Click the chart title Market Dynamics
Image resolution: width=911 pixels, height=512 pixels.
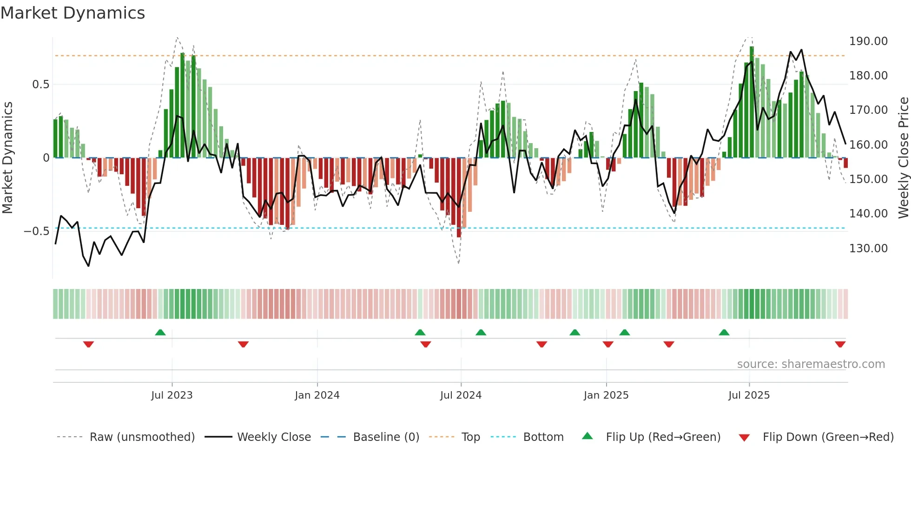coord(73,13)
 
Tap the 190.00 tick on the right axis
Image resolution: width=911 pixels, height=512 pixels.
coord(868,41)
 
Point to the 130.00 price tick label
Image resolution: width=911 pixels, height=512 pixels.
coord(868,249)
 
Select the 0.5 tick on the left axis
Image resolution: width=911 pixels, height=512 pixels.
coord(40,85)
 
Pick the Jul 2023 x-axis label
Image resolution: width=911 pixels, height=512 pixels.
coord(172,395)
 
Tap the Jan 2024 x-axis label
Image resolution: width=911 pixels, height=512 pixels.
coord(317,395)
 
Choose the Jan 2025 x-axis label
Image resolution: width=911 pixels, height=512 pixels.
coord(606,395)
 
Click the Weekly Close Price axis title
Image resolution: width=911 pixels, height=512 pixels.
coord(903,158)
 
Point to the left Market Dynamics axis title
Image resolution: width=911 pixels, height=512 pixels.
coord(7,158)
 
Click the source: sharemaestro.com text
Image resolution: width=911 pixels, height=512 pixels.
coord(811,364)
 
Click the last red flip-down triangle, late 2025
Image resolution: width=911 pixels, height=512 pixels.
coord(840,344)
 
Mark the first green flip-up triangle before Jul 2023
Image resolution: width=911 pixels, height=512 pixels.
coord(160,332)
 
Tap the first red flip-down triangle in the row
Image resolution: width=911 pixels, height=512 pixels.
coord(88,344)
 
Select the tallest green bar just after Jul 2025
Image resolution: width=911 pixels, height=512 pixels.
coord(752,102)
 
